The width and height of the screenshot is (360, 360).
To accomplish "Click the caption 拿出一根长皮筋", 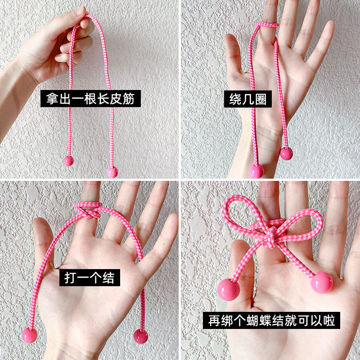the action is pyautogui.click(x=90, y=99).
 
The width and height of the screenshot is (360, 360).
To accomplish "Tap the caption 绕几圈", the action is pyautogui.click(x=248, y=99).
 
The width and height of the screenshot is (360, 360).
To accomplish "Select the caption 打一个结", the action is pyautogui.click(x=90, y=277).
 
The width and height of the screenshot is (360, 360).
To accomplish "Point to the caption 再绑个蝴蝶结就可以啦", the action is pyautogui.click(x=271, y=320).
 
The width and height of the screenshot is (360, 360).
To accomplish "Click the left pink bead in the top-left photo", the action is pyautogui.click(x=68, y=161).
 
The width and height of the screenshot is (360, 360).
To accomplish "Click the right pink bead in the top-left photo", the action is pyautogui.click(x=112, y=172).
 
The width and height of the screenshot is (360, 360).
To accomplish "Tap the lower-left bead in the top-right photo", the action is pyautogui.click(x=257, y=171).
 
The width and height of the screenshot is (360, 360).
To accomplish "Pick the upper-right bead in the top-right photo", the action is pyautogui.click(x=286, y=153).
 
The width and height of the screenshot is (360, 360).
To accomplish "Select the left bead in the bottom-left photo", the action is pyautogui.click(x=30, y=335).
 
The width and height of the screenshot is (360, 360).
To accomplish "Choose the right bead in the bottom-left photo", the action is pyautogui.click(x=140, y=336).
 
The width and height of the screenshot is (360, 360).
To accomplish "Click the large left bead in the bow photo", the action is pyautogui.click(x=229, y=289).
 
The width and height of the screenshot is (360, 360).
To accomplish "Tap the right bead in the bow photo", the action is pyautogui.click(x=322, y=283).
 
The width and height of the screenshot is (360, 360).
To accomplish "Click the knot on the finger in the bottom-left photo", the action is pyautogui.click(x=88, y=210).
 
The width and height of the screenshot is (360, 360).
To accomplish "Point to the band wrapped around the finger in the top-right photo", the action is pyautogui.click(x=267, y=25).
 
